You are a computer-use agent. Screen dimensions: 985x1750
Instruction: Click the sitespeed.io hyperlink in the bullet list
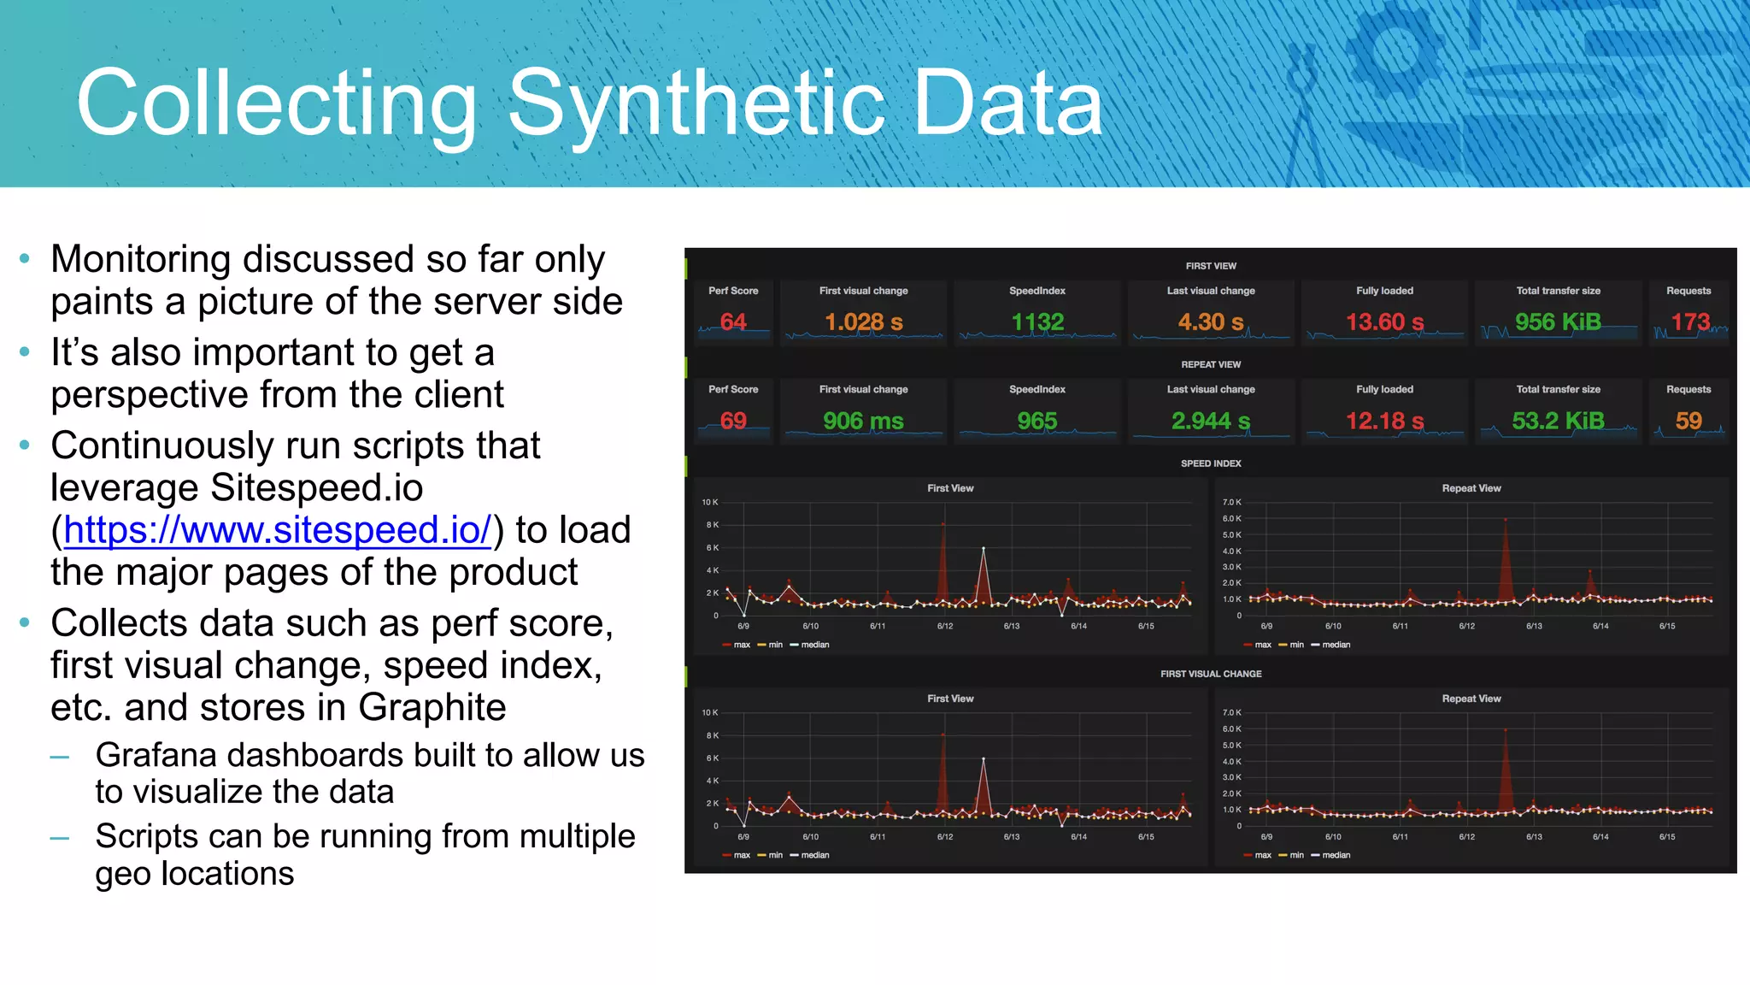point(278,530)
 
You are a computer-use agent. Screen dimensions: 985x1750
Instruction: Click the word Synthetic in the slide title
point(696,104)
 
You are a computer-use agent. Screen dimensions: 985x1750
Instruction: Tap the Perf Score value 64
point(733,322)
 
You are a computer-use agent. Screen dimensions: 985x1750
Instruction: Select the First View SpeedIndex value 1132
point(1037,322)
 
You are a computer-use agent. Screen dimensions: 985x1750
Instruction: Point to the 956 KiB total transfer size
point(1558,322)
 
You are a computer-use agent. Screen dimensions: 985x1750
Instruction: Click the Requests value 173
point(1690,322)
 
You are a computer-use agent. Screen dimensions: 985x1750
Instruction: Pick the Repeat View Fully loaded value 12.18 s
point(1384,421)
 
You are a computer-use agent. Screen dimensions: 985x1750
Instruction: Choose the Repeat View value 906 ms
point(863,421)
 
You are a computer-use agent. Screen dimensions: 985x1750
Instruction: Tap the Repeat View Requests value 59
point(1688,421)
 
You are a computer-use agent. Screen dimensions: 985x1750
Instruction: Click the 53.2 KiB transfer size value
point(1558,421)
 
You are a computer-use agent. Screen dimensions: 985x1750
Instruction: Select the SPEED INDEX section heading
point(1211,463)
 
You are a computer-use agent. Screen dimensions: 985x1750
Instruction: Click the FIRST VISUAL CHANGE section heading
point(1211,674)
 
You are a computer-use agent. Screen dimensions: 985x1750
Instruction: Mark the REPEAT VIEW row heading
point(1211,364)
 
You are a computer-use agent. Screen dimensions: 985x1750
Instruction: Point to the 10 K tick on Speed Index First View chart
point(710,502)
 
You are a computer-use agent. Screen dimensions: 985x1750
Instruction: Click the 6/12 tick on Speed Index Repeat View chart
point(1466,627)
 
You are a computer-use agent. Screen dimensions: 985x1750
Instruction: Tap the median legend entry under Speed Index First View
point(814,645)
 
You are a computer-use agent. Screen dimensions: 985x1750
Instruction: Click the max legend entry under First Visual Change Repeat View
point(1262,855)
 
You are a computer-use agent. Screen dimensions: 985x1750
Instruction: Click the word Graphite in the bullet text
point(432,708)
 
